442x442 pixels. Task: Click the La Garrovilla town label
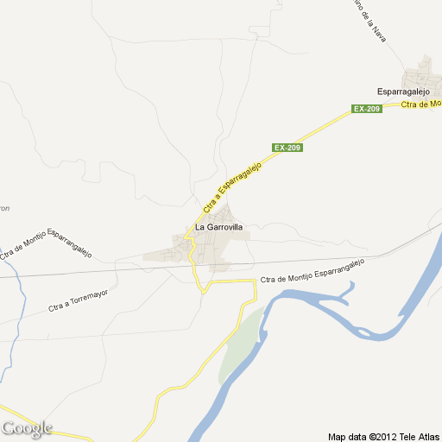pyautogui.click(x=219, y=227)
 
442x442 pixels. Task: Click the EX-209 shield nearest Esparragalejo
pyautogui.click(x=366, y=108)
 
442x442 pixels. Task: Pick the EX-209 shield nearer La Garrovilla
pyautogui.click(x=287, y=148)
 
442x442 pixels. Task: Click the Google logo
pyautogui.click(x=27, y=428)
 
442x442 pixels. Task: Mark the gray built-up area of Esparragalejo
pyautogui.click(x=424, y=73)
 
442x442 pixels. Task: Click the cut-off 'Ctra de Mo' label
pyautogui.click(x=421, y=104)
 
